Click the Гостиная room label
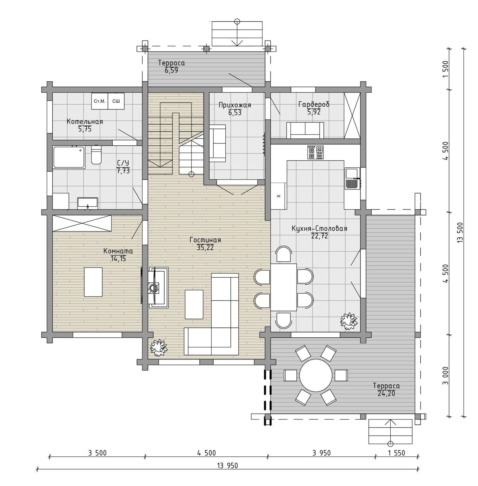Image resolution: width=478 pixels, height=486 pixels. [x=205, y=240]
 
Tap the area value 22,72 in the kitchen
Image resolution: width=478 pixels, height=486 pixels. [x=320, y=236]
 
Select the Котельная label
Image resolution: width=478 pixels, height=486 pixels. [x=85, y=122]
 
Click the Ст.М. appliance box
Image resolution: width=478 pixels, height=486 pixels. [x=100, y=101]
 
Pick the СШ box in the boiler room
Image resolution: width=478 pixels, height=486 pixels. [x=116, y=101]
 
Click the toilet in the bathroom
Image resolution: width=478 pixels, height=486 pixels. [x=96, y=155]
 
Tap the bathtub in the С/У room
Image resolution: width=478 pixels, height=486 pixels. [x=69, y=157]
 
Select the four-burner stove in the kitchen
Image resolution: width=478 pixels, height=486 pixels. [x=316, y=152]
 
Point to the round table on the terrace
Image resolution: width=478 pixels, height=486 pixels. [x=316, y=375]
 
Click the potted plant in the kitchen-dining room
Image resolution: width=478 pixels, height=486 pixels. [x=349, y=321]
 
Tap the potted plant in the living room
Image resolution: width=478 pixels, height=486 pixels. [x=158, y=348]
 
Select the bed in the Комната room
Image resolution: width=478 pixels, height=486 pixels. [x=93, y=282]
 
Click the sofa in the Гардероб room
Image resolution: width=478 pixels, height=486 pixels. [x=305, y=130]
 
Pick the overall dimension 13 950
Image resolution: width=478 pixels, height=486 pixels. [x=228, y=466]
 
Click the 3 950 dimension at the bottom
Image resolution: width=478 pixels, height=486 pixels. [x=322, y=453]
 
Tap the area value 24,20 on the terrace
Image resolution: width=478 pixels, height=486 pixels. [x=386, y=394]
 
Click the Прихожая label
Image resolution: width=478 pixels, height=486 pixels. [x=235, y=105]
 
